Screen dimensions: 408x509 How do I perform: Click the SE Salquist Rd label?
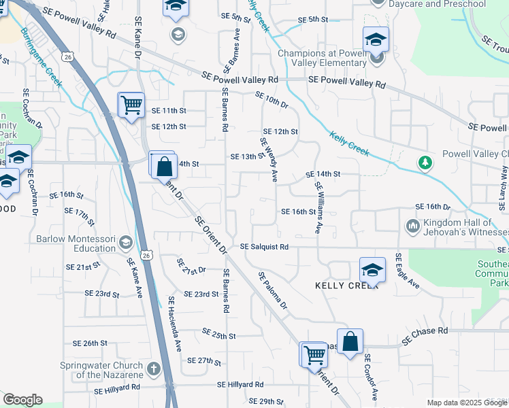(265, 247)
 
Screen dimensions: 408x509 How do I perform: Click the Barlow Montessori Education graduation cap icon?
(125, 243)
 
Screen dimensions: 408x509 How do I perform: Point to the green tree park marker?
(425, 163)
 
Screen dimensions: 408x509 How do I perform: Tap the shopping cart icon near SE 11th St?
(131, 106)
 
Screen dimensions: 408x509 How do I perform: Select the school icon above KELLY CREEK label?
(372, 271)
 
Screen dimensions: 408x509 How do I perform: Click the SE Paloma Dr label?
(272, 290)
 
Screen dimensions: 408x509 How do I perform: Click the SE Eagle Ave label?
(406, 271)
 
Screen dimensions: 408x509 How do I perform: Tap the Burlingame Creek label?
(41, 57)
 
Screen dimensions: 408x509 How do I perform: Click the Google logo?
(22, 400)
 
